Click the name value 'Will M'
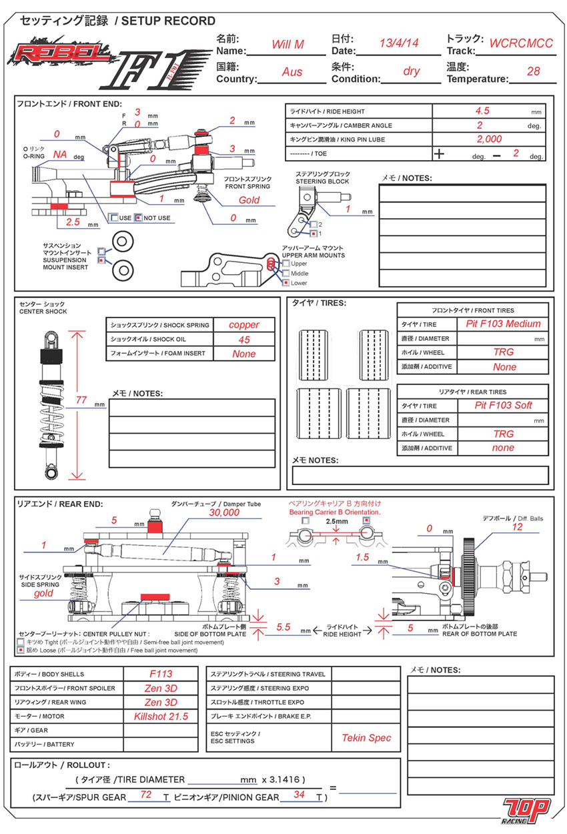tap(288, 45)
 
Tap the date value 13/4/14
tap(398, 43)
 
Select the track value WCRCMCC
tap(521, 43)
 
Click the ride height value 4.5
tap(482, 111)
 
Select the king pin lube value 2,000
tap(489, 139)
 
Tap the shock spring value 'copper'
tap(243, 325)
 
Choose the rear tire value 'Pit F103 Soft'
tap(504, 406)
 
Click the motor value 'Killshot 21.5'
tap(161, 716)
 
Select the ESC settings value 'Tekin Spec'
tap(366, 737)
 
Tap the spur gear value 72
tap(147, 795)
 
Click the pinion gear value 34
tap(299, 795)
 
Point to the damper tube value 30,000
tap(223, 513)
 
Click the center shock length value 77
tap(81, 400)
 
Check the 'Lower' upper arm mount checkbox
tap(286, 283)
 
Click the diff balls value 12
tap(518, 527)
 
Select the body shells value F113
tap(161, 674)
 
